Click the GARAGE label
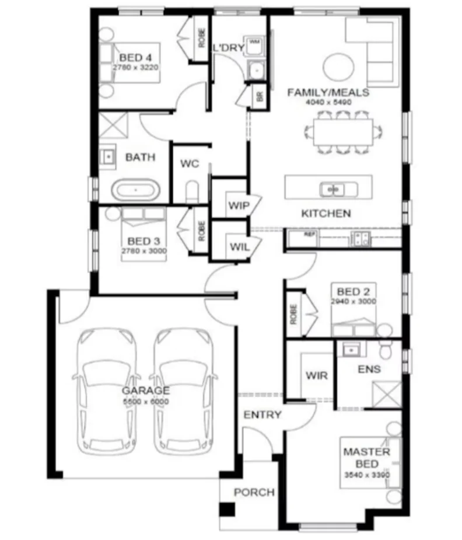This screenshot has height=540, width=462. coord(146,391)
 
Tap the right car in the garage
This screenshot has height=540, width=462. coord(182,391)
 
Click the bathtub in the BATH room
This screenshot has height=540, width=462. coord(135,190)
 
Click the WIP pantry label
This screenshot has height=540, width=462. coord(239,206)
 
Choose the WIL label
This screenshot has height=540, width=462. coord(239,247)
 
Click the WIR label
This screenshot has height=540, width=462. coord(316,375)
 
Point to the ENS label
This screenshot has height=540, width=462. coord(369,369)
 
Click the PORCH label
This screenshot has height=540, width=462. coord(254,492)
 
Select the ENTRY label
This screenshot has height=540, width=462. coord(262,415)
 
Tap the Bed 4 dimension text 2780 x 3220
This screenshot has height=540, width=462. coord(136,67)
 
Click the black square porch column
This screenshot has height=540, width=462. coord(227,509)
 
